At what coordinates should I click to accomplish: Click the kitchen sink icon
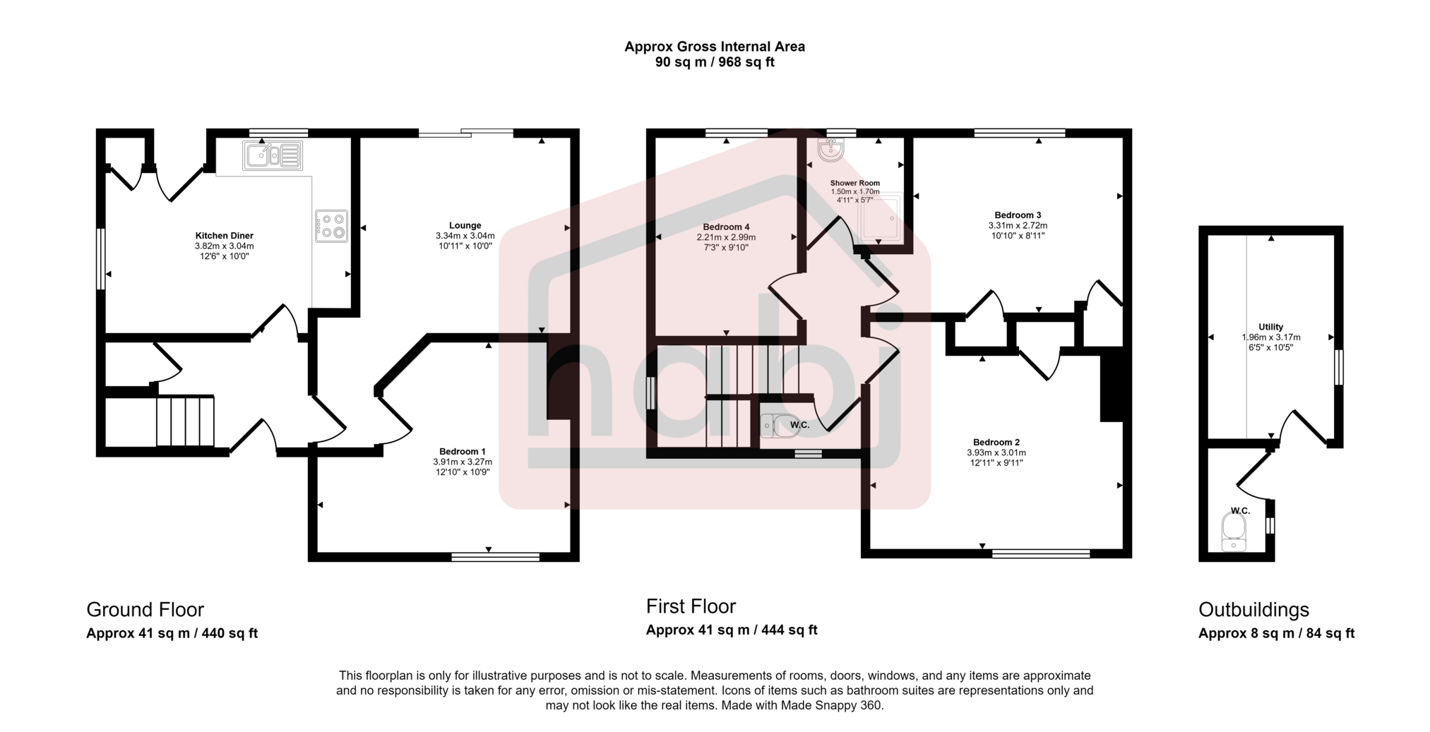(x=273, y=155)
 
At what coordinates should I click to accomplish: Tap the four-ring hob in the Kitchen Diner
(x=331, y=226)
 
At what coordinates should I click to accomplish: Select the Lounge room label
(x=465, y=226)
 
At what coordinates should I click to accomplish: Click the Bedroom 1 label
(x=463, y=452)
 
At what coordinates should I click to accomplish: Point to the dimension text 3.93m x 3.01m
(x=996, y=452)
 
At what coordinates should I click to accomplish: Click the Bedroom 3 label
(x=1018, y=215)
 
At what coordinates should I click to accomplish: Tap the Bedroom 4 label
(x=726, y=227)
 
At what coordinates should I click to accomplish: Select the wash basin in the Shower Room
(x=830, y=149)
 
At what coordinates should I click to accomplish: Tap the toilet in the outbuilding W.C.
(x=1234, y=531)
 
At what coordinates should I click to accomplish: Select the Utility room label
(x=1270, y=327)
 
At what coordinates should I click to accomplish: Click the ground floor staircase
(x=185, y=421)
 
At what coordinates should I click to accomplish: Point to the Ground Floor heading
(x=145, y=610)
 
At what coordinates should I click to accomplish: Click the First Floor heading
(x=691, y=606)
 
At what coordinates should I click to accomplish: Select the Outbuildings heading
(x=1253, y=610)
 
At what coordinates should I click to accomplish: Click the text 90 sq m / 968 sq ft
(x=715, y=62)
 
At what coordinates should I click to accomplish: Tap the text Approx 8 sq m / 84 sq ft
(x=1276, y=633)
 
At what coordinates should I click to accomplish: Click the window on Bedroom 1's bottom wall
(x=496, y=557)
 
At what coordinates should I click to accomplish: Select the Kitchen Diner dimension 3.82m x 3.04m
(x=224, y=246)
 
